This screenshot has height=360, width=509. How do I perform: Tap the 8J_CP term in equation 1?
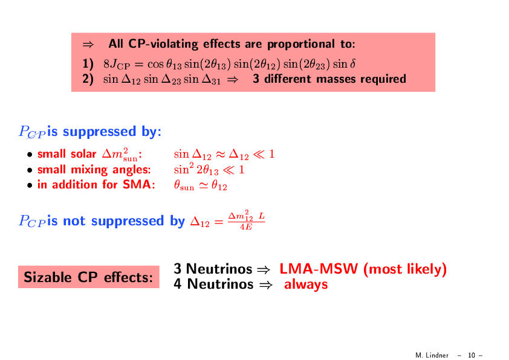point(117,64)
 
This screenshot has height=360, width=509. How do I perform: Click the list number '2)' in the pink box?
point(88,79)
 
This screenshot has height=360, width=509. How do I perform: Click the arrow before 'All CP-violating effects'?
point(88,44)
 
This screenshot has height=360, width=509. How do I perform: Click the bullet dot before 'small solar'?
point(30,155)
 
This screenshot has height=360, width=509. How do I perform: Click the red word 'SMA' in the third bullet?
point(137,185)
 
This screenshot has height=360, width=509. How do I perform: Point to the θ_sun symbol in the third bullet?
point(184,185)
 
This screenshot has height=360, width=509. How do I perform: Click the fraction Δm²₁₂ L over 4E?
point(247,220)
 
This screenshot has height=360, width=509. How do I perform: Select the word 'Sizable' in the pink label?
point(48,277)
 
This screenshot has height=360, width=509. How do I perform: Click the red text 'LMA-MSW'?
point(319,269)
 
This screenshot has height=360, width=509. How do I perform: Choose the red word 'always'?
point(306,284)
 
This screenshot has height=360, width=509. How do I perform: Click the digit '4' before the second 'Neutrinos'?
point(178,284)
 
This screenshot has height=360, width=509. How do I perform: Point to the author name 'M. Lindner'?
point(432,355)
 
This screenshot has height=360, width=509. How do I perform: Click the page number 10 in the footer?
point(471,355)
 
